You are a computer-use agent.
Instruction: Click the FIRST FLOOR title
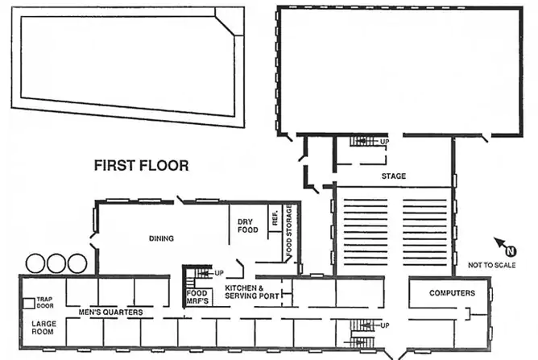[142, 165]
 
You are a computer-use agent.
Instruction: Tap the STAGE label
[394, 176]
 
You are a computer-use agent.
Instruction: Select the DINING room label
[161, 238]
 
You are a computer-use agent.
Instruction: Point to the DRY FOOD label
[248, 226]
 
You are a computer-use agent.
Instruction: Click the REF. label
[275, 217]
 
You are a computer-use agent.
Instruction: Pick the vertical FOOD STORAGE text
[289, 229]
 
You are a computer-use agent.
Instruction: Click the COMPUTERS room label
[452, 293]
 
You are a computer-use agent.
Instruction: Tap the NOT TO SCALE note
[491, 265]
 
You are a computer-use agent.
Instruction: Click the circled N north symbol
[511, 251]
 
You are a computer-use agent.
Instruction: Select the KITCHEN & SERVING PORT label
[252, 292]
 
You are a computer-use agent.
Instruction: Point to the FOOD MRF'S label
[197, 297]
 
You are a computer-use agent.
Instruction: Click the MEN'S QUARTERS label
[111, 312]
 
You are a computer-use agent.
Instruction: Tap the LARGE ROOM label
[43, 328]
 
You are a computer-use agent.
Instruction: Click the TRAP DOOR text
[45, 302]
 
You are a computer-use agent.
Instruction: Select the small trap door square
[29, 304]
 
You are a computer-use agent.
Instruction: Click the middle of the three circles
[56, 263]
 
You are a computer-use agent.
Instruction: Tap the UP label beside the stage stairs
[385, 142]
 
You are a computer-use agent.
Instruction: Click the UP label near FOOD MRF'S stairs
[219, 273]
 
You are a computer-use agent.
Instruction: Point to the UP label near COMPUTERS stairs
[385, 325]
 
